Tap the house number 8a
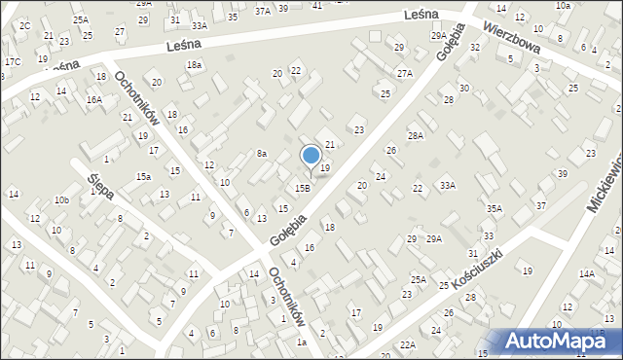[261, 153]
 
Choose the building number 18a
[195, 64]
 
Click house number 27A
[404, 73]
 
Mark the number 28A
[416, 136]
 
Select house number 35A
[495, 208]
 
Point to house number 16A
[93, 99]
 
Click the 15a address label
[143, 176]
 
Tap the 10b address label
[61, 199]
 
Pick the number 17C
[12, 62]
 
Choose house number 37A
[262, 11]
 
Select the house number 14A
[586, 274]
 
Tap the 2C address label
[25, 25]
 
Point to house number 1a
[302, 342]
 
